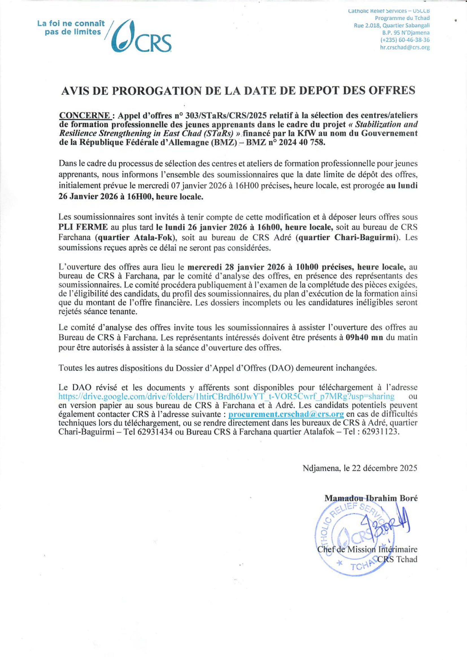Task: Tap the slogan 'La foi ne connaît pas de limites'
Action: pyautogui.click(x=71, y=28)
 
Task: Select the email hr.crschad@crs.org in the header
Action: pyautogui.click(x=405, y=48)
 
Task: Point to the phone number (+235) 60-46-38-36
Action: pyautogui.click(x=405, y=40)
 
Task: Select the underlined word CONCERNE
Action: pyautogui.click(x=84, y=116)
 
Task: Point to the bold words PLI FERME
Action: pyautogui.click(x=83, y=227)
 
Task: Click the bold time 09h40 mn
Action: pyautogui.click(x=364, y=337)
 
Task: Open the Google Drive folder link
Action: pyautogui.click(x=226, y=396)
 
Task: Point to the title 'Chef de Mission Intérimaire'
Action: pyautogui.click(x=367, y=550)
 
